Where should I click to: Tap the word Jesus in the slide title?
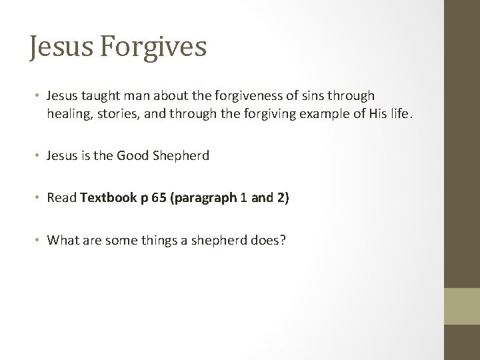(x=55, y=48)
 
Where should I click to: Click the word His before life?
(x=384, y=115)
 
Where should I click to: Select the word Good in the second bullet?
(x=131, y=156)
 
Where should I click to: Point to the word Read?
(x=61, y=198)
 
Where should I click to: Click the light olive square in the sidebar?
(x=462, y=307)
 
